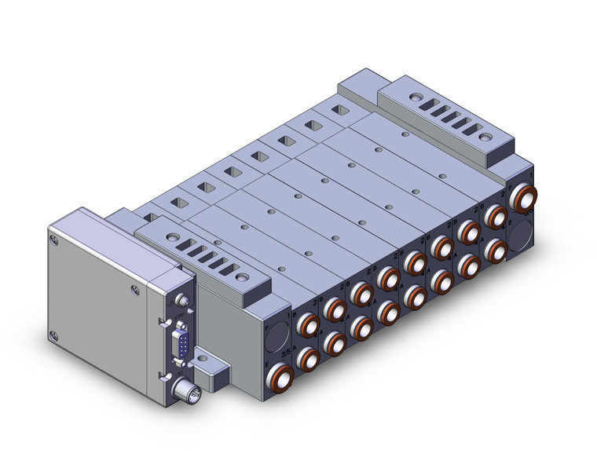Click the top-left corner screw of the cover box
(x=53, y=235)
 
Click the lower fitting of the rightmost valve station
(x=495, y=250)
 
